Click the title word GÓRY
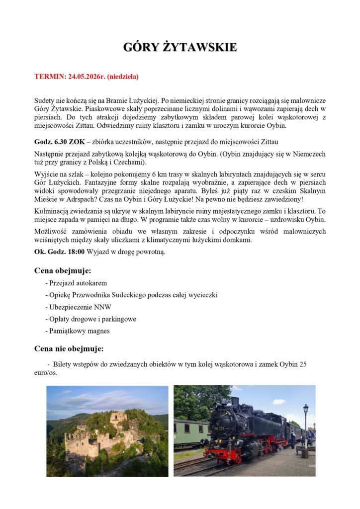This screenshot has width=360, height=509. pos(140,48)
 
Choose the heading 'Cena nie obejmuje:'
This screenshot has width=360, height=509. pos(69,348)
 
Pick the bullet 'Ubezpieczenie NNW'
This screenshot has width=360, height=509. pos(80,307)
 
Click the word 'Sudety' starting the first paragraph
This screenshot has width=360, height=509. pos(45,100)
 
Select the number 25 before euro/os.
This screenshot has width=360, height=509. pos(302,364)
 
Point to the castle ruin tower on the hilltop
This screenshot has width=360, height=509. pos(118,418)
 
